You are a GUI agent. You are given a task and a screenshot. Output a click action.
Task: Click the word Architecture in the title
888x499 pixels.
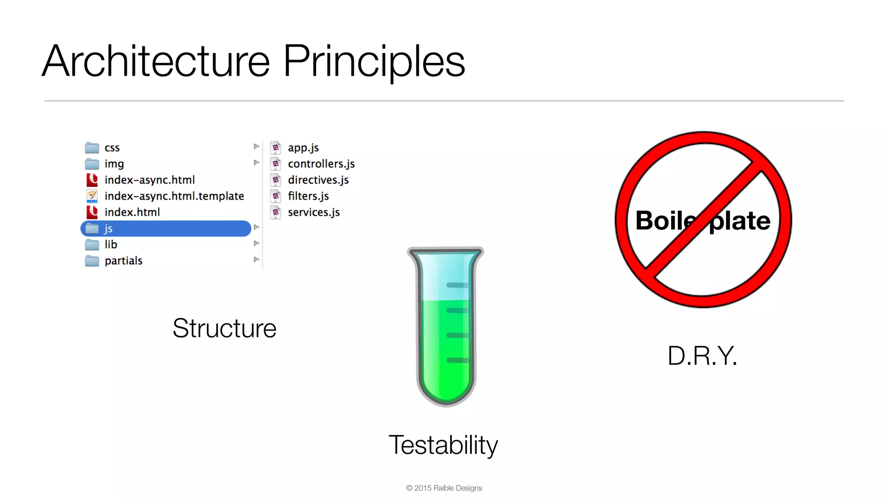156,62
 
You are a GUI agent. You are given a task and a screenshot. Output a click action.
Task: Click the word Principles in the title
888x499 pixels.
374,62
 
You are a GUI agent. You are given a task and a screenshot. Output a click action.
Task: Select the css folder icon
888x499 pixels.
92,148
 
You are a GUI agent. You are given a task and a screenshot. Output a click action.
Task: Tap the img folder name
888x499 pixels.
114,164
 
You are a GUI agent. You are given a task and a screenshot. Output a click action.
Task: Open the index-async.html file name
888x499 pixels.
150,180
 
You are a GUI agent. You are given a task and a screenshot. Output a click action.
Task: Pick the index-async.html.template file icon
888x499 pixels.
92,196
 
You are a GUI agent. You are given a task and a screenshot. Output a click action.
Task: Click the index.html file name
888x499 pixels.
132,212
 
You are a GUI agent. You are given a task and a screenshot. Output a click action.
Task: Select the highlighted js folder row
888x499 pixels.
166,228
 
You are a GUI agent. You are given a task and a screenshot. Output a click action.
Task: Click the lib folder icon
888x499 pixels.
92,245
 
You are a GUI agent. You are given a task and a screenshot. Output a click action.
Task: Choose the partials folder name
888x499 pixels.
124,261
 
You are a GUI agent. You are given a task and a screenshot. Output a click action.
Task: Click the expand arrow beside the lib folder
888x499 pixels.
257,243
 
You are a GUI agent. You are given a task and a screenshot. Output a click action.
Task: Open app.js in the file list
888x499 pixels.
303,148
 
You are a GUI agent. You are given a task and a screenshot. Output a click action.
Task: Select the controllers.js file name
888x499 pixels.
321,164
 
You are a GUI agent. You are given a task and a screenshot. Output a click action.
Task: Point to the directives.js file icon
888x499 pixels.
276,180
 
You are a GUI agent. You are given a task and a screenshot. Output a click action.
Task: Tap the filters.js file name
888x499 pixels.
308,196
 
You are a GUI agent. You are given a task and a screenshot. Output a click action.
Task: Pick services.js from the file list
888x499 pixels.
313,212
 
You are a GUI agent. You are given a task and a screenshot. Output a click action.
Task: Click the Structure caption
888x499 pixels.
224,328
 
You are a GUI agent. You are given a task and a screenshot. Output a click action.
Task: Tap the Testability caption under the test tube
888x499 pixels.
443,445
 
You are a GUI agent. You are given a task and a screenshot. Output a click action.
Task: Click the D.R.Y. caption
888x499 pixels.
702,356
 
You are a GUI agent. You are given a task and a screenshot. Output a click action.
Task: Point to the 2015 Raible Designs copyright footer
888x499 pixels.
444,488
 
